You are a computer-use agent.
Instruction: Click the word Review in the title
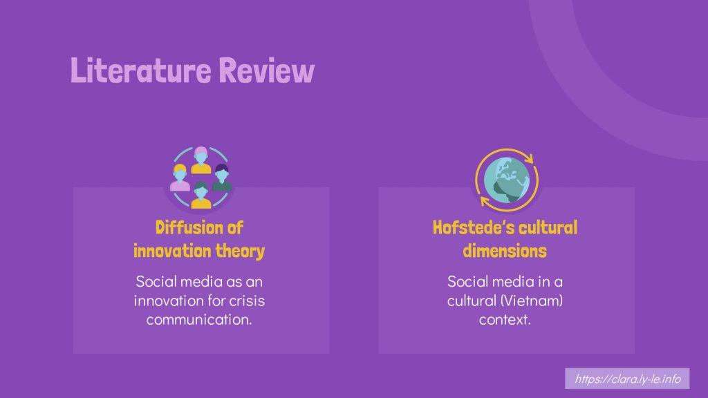266,70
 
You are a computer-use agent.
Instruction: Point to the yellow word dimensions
505,251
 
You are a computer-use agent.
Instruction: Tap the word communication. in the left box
199,319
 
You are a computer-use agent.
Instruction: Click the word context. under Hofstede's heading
505,319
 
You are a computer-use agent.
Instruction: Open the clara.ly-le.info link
627,379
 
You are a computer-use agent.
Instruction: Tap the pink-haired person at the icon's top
201,160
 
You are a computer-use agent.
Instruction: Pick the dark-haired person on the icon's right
222,178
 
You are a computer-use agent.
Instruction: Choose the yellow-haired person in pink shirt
180,178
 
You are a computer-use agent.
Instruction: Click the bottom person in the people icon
201,196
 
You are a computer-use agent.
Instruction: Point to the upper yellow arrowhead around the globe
529,158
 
